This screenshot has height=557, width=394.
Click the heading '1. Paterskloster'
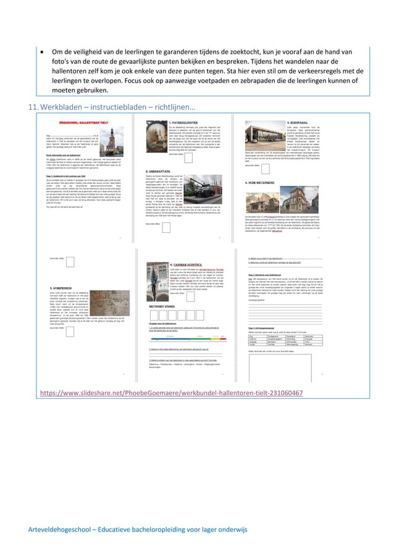[188, 123]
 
